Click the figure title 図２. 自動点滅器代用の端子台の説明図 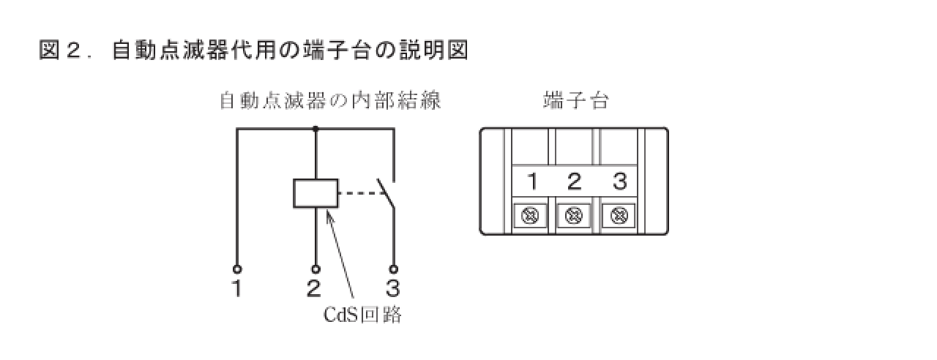point(253,51)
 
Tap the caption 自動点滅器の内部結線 point(330,101)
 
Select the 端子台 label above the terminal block point(575,101)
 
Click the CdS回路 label point(363,315)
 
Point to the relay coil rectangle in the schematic point(316,193)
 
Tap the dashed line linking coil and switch point(359,194)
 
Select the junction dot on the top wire point(316,130)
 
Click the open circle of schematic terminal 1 point(236,269)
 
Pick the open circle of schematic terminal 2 point(316,269)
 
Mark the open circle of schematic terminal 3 point(393,269)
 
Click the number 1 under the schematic point(236,289)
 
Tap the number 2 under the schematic point(314,289)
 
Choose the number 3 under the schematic point(392,289)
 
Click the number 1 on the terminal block point(532,181)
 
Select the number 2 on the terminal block point(575,181)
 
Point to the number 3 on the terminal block point(619,181)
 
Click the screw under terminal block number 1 point(531,216)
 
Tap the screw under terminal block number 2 point(575,216)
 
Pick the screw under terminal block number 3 point(619,216)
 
